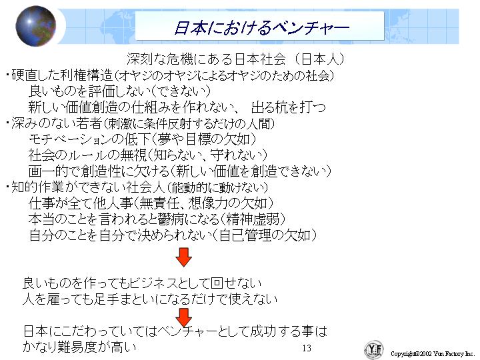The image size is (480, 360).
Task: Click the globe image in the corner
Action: [x=36, y=26]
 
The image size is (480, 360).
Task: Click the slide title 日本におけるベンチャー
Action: [x=261, y=27]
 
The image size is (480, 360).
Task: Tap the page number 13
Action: [x=307, y=348]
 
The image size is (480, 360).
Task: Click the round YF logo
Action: [x=374, y=349]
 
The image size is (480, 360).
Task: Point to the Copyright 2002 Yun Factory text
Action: [x=432, y=354]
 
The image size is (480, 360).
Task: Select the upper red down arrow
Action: [x=184, y=257]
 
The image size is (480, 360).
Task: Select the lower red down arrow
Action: [x=184, y=317]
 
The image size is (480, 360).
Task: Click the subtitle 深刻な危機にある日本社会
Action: [x=206, y=59]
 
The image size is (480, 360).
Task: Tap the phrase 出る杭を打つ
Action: [x=288, y=107]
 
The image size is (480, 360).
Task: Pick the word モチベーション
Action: [x=70, y=139]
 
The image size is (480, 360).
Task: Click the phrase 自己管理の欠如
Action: [x=265, y=235]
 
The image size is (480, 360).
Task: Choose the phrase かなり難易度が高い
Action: [x=79, y=347]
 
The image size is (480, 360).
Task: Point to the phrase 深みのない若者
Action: [x=57, y=123]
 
